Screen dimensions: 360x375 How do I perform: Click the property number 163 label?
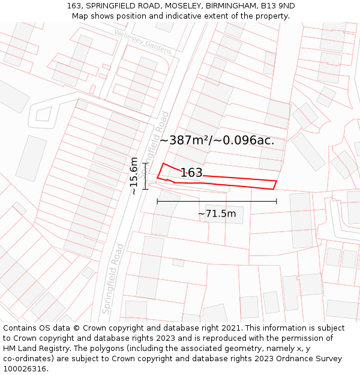pyautogui.click(x=191, y=173)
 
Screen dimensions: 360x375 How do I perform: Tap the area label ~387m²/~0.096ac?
pyautogui.click(x=217, y=140)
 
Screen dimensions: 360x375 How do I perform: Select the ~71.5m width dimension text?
pyautogui.click(x=217, y=214)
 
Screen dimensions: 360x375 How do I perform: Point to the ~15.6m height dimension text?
pyautogui.click(x=134, y=176)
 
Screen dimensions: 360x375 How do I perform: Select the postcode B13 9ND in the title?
pyautogui.click(x=278, y=6)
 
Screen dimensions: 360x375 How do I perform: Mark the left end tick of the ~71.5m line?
pyautogui.click(x=157, y=202)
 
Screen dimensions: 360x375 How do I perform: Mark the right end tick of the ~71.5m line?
pyautogui.click(x=277, y=202)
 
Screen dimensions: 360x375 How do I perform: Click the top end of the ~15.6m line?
pyautogui.click(x=146, y=163)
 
